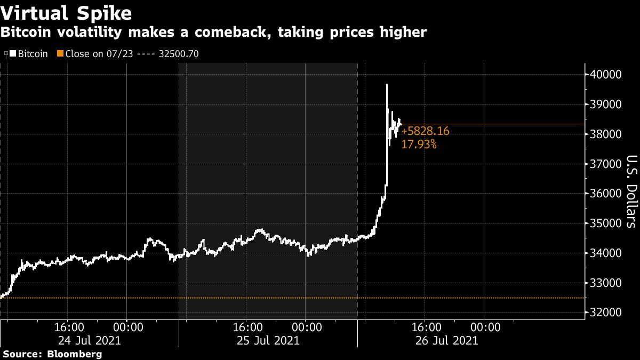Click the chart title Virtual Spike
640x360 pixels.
[x=67, y=12]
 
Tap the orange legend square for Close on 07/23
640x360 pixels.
[x=60, y=54]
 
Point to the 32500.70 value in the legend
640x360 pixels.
[x=179, y=54]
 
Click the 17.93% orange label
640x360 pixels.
[x=419, y=144]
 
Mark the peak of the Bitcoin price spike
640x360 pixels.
[x=387, y=84]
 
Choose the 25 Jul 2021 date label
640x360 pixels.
[x=269, y=340]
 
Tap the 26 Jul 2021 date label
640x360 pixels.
[x=447, y=340]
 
